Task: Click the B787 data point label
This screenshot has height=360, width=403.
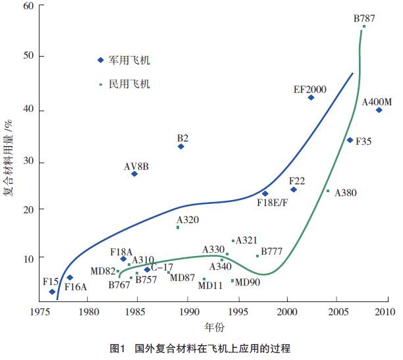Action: point(364,18)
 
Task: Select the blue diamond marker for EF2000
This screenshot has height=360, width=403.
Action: point(311,97)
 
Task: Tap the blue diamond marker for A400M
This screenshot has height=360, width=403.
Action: point(379,110)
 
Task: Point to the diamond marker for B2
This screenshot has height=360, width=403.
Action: point(181,146)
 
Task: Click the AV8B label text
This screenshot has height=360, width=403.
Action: point(136,166)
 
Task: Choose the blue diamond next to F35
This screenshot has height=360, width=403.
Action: point(350,140)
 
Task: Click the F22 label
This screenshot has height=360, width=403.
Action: point(297,180)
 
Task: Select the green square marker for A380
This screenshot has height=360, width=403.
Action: point(328,191)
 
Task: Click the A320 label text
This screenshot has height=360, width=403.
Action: point(188,220)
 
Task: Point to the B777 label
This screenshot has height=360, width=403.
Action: point(272,251)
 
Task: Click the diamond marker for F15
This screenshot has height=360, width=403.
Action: point(52,292)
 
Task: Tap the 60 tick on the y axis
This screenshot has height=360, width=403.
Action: point(29,7)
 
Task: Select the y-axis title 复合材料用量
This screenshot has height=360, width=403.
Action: point(10,158)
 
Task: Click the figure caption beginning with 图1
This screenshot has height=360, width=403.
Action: point(201,347)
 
